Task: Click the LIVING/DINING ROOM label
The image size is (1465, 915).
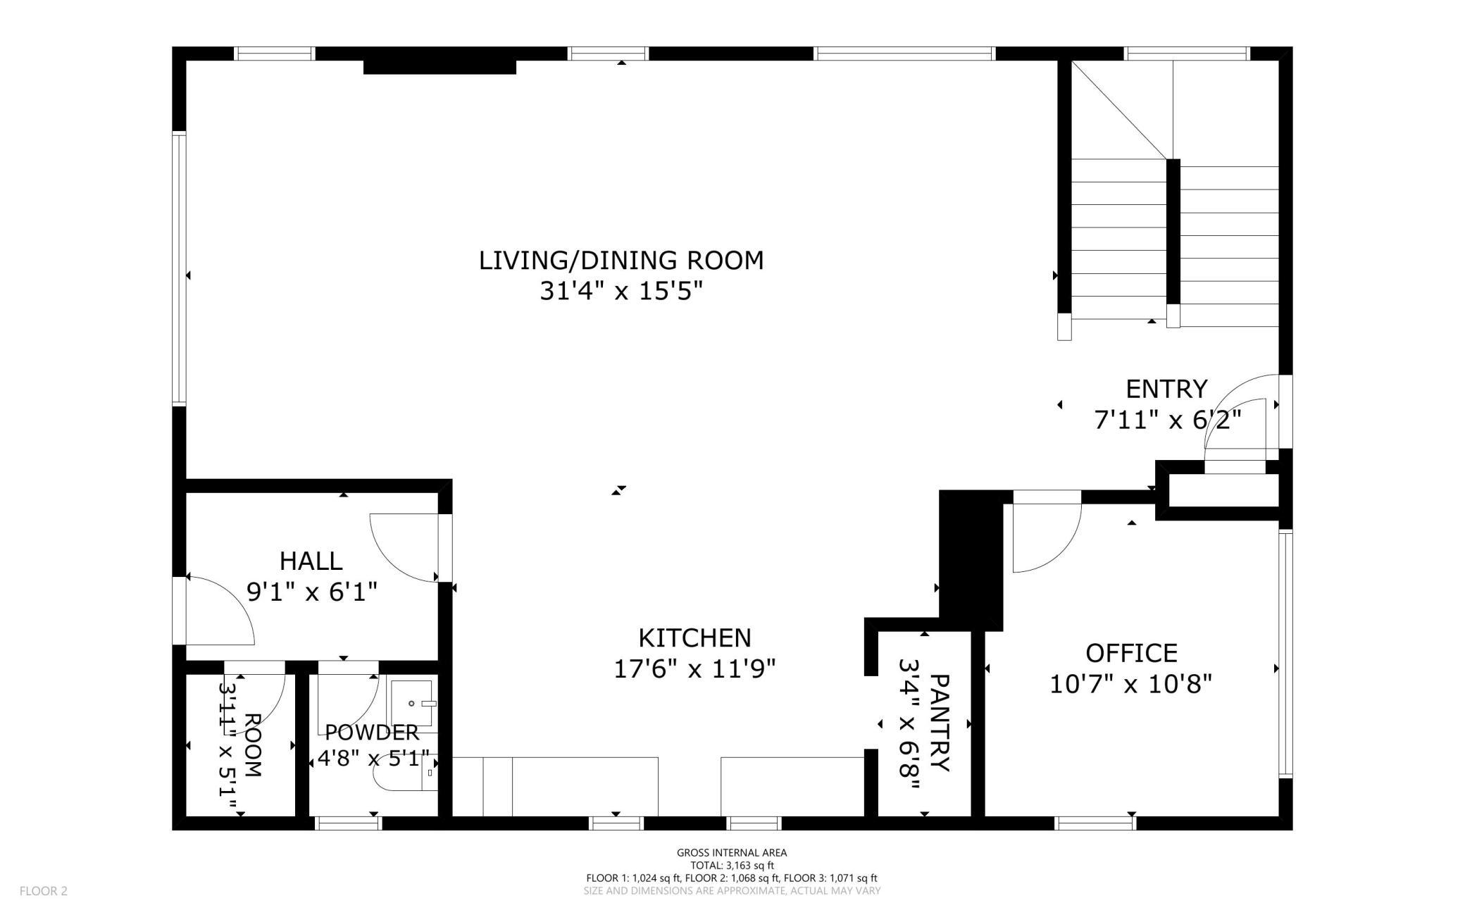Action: click(x=621, y=261)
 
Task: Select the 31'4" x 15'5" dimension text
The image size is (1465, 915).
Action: click(x=621, y=291)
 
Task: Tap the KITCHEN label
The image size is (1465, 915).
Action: click(x=694, y=638)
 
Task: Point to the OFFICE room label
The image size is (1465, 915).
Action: click(x=1131, y=654)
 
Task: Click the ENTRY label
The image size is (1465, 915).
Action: click(x=1166, y=389)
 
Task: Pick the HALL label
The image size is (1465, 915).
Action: click(x=311, y=561)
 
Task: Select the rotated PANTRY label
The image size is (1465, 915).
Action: click(x=940, y=723)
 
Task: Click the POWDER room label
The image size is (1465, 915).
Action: click(x=372, y=733)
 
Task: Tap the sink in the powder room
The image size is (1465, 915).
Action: click(x=412, y=703)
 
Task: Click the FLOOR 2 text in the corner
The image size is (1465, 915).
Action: click(x=44, y=891)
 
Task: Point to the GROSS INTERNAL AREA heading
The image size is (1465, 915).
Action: click(x=732, y=852)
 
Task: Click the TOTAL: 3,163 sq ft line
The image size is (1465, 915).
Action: click(x=732, y=866)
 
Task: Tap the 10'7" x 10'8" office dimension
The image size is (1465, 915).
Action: click(x=1131, y=684)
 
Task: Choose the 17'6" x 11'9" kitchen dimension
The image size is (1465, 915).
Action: click(x=694, y=668)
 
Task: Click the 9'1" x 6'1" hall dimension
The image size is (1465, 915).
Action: click(x=312, y=592)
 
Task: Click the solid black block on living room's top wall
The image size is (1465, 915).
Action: click(x=440, y=67)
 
